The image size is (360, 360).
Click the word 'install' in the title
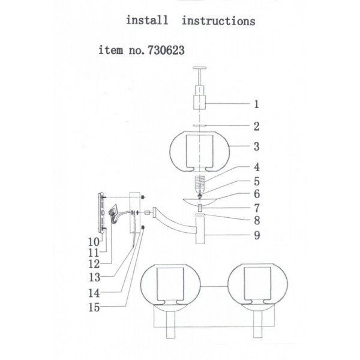tap(147, 20)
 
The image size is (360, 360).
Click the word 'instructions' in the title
tap(218, 21)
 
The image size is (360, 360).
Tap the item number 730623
tap(166, 50)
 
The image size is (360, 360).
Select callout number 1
tap(256, 104)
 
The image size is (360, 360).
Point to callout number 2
tap(256, 126)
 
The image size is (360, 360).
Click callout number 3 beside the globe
tap(256, 146)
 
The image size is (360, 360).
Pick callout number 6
tap(257, 194)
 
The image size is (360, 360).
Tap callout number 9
tap(257, 235)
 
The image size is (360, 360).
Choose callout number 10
tap(94, 242)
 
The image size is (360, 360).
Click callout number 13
tap(94, 277)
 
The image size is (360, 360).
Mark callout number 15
tap(94, 307)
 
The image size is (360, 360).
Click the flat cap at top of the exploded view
tap(200, 68)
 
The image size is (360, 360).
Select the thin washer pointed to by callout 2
tap(200, 125)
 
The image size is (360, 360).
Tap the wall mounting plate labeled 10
tap(101, 212)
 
